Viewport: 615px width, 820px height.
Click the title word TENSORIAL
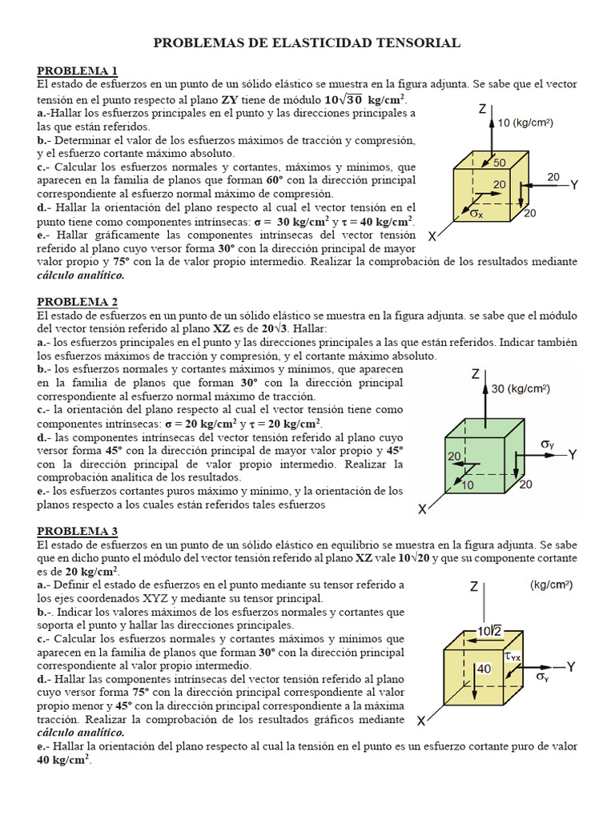pyautogui.click(x=415, y=42)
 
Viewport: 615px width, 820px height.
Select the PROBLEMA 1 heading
pyautogui.click(x=77, y=70)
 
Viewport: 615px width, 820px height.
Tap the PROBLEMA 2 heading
pyautogui.click(x=77, y=302)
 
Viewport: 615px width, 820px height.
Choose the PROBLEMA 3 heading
pyautogui.click(x=77, y=531)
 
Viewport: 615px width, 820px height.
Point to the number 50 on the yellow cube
pyautogui.click(x=500, y=163)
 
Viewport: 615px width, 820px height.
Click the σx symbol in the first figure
pyautogui.click(x=476, y=214)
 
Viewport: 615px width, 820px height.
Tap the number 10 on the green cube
pyautogui.click(x=468, y=485)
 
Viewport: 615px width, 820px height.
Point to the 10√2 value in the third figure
pyautogui.click(x=489, y=631)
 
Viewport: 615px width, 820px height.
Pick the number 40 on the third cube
pyautogui.click(x=484, y=669)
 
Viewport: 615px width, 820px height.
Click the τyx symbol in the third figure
pyautogui.click(x=513, y=656)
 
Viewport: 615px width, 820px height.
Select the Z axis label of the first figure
pyautogui.click(x=482, y=109)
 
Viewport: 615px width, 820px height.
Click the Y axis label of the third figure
pyautogui.click(x=571, y=666)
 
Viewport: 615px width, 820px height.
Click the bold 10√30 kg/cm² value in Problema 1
pyautogui.click(x=364, y=100)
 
